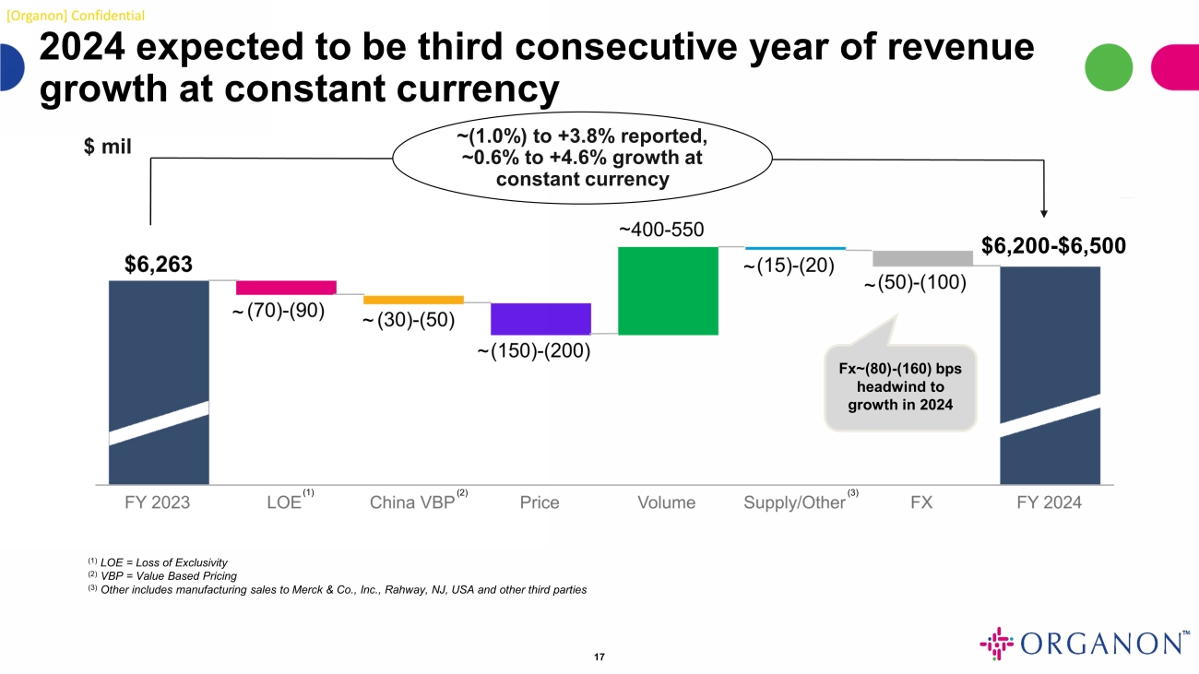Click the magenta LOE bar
coord(286,287)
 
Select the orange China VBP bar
coord(413,300)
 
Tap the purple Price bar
coord(540,318)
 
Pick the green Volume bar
coord(668,290)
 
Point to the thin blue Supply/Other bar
coord(795,248)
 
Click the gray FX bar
coord(922,257)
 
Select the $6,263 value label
coord(159,265)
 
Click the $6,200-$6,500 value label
coord(1053,245)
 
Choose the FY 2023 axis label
coord(158,503)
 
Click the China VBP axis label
coord(412,503)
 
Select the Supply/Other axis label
coord(794,503)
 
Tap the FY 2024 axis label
coord(1049,503)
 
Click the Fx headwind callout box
coord(899,387)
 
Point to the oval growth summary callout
coord(582,159)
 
